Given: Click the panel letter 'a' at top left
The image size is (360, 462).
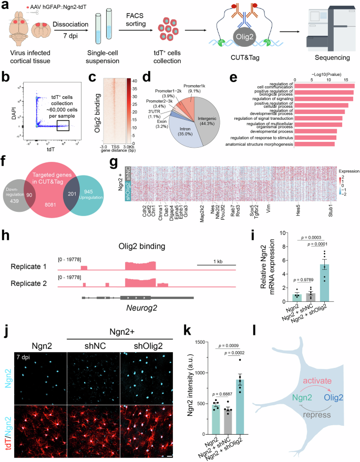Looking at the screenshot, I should click(5, 5).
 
